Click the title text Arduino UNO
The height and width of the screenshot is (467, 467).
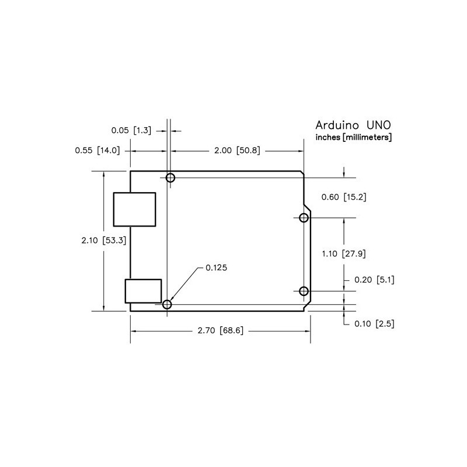coord(353,125)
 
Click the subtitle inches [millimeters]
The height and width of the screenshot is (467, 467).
coord(354,137)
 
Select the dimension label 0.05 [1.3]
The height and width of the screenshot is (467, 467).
coord(131,130)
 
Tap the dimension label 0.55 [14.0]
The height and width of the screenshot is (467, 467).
coord(97,151)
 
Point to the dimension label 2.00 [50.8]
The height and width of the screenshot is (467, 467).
coord(237,151)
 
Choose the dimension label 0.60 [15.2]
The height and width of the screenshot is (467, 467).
coord(344,197)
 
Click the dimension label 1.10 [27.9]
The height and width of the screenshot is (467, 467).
coord(344,254)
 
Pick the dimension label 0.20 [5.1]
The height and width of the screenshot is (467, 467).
coord(374,280)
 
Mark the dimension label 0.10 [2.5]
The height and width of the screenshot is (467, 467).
coord(374,324)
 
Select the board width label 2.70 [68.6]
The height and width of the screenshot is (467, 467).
coord(221,330)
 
